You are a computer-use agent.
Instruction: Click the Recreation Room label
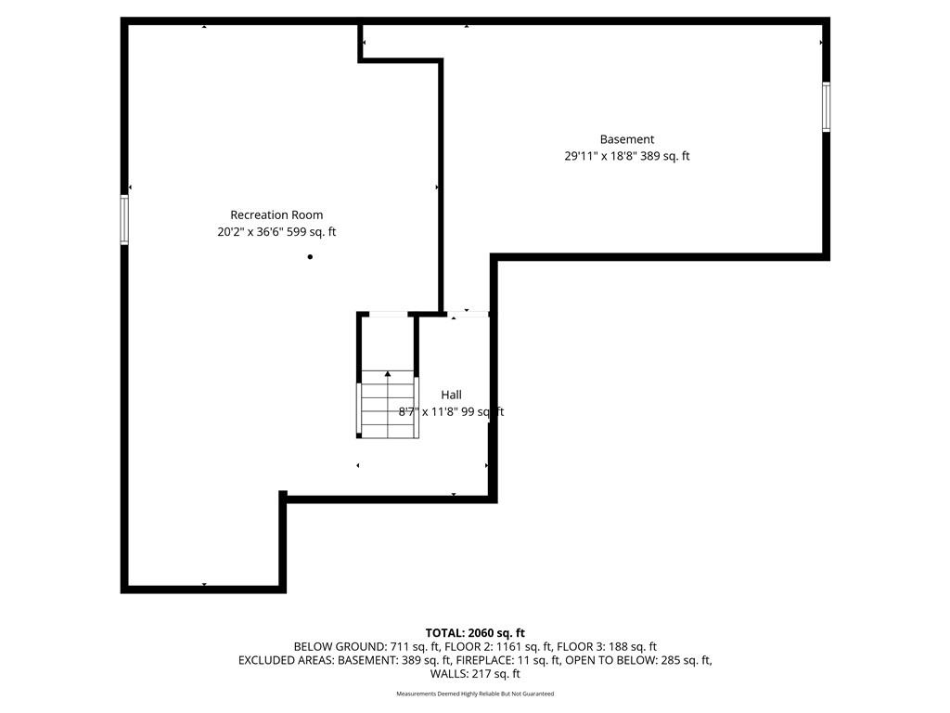[276, 214]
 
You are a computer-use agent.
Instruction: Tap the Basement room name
[627, 139]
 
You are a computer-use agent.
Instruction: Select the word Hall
[452, 395]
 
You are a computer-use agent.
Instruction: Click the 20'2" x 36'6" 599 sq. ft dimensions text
[276, 231]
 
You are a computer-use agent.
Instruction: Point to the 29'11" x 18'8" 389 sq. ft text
[627, 156]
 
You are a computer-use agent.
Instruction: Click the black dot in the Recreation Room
[310, 257]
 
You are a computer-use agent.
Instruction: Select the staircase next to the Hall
[388, 404]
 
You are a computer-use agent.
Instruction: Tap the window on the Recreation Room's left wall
[124, 219]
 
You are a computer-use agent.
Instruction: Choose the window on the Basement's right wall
[826, 107]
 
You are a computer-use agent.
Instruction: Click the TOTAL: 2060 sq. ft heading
[475, 633]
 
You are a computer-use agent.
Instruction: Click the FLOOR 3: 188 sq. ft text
[607, 647]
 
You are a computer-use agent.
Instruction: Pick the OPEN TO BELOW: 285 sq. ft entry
[638, 660]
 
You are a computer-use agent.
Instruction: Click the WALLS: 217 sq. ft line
[475, 674]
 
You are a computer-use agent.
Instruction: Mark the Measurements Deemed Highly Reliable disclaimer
[475, 694]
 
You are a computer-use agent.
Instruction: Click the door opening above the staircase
[389, 314]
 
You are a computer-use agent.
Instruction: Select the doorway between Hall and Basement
[468, 314]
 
